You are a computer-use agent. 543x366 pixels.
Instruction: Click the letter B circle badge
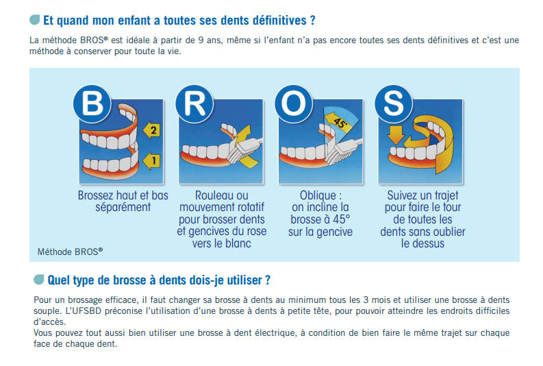click(x=92, y=103)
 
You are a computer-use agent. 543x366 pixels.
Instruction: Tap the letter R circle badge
click(x=194, y=103)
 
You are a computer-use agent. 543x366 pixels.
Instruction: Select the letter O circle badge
click(x=294, y=103)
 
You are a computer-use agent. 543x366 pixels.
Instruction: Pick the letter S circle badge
click(x=394, y=103)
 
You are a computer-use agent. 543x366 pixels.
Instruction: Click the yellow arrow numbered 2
click(x=152, y=130)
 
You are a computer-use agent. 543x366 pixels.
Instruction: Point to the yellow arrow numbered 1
click(x=152, y=160)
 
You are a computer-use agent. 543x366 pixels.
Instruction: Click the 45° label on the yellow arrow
click(x=340, y=123)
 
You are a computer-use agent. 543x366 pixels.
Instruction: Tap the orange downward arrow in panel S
click(x=396, y=135)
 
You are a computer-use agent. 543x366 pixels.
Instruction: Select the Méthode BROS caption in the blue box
click(x=71, y=252)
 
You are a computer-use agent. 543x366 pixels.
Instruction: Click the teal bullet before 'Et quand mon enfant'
click(x=35, y=19)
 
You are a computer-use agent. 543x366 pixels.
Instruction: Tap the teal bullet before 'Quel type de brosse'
click(x=39, y=280)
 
